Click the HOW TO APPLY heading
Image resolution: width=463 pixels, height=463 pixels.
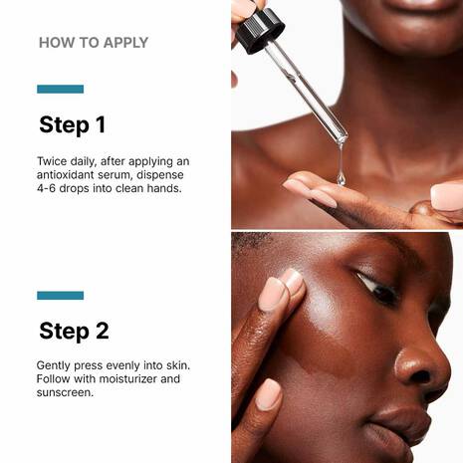(x=93, y=43)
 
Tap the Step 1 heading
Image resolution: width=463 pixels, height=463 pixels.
(x=72, y=125)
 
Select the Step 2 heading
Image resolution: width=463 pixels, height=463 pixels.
(x=74, y=331)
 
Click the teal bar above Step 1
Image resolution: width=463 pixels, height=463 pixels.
(x=60, y=90)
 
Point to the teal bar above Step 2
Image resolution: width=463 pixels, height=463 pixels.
(x=60, y=296)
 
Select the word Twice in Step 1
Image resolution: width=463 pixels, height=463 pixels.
(x=54, y=160)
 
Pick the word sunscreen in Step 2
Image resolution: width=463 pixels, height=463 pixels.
(x=69, y=392)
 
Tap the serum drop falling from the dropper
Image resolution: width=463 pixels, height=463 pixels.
(x=341, y=177)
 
